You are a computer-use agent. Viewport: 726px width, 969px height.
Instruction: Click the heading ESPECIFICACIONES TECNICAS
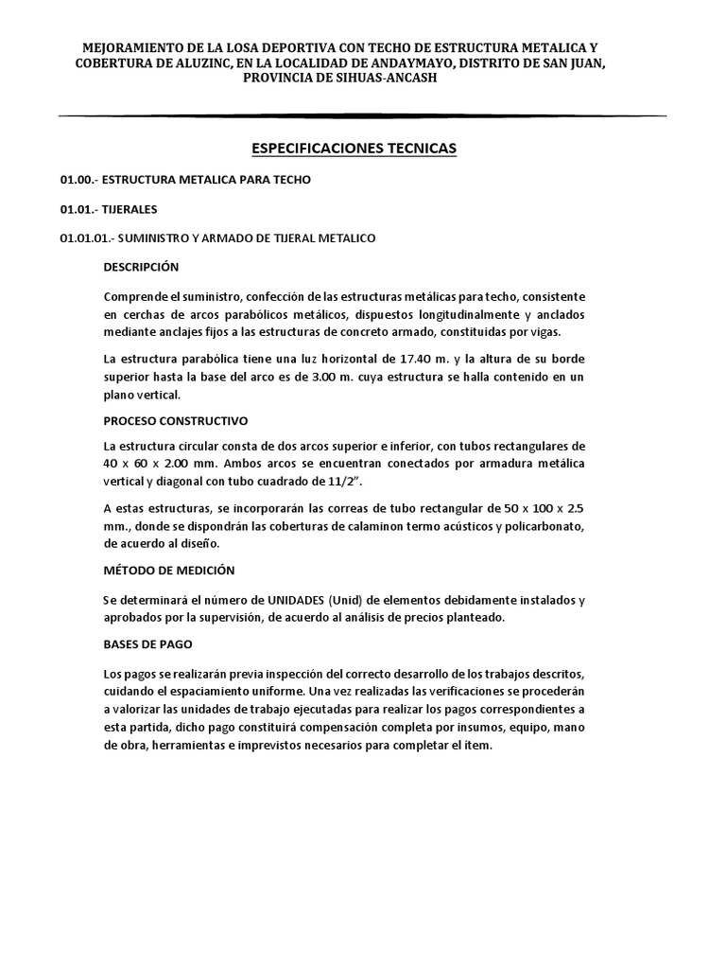click(x=353, y=149)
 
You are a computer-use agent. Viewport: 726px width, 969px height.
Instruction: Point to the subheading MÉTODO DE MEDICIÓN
click(x=169, y=570)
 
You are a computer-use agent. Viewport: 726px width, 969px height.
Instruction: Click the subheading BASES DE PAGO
click(x=147, y=643)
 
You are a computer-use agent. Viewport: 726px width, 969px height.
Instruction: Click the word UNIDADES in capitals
click(x=299, y=600)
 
